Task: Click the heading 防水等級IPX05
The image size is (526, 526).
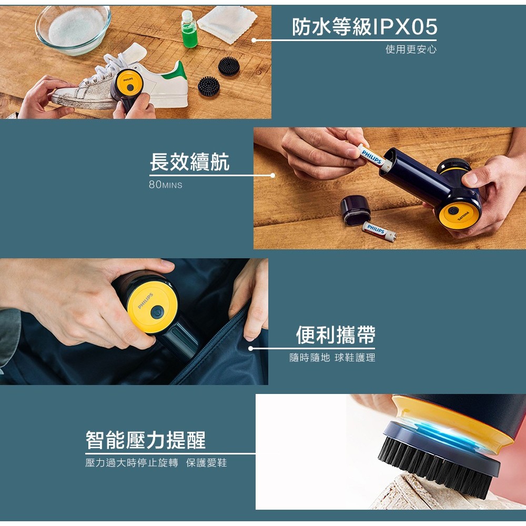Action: point(365,26)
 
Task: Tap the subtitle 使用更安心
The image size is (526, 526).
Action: point(411,49)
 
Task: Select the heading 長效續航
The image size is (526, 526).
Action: point(189,162)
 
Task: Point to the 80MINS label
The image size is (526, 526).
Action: point(165,185)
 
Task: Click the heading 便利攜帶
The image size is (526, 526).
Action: point(336,335)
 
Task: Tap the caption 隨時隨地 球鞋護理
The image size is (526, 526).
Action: point(332,358)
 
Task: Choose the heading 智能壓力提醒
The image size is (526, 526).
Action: point(146,440)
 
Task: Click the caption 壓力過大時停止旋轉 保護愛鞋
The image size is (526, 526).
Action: point(156,462)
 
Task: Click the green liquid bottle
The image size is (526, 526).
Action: point(189,29)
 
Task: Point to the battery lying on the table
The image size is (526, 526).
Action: point(379,231)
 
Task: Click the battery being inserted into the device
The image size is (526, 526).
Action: point(374,157)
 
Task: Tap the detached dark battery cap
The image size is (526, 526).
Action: point(355,210)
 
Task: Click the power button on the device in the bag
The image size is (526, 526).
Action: point(157,312)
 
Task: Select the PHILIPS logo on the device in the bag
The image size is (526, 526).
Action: point(145,300)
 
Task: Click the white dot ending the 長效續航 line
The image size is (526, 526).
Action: point(272,176)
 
